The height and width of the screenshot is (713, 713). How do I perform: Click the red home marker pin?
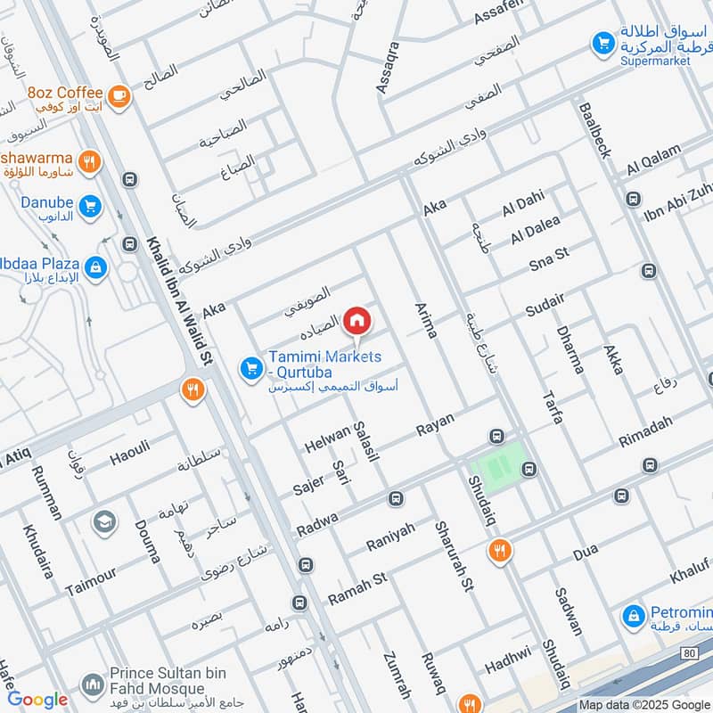[x=356, y=320]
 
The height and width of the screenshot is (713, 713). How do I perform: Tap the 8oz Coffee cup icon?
[x=118, y=95]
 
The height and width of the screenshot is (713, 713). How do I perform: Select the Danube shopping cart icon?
[x=89, y=207]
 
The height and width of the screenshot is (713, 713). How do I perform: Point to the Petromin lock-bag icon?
[x=634, y=615]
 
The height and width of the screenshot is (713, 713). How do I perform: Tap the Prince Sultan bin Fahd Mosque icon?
[x=92, y=684]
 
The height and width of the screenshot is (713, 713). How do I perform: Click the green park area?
[x=496, y=466]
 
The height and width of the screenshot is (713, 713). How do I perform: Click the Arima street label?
[x=426, y=321]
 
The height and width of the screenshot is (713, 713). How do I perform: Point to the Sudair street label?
[x=545, y=306]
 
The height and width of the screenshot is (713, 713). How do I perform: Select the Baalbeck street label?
[x=594, y=130]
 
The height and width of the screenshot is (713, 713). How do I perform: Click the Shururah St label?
[x=452, y=556]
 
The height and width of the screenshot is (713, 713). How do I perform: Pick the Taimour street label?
[x=91, y=579]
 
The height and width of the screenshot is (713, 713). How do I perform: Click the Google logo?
[x=37, y=700]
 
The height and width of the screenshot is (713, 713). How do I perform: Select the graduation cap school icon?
[x=104, y=521]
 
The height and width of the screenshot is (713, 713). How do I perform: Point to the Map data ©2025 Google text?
[x=643, y=704]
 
